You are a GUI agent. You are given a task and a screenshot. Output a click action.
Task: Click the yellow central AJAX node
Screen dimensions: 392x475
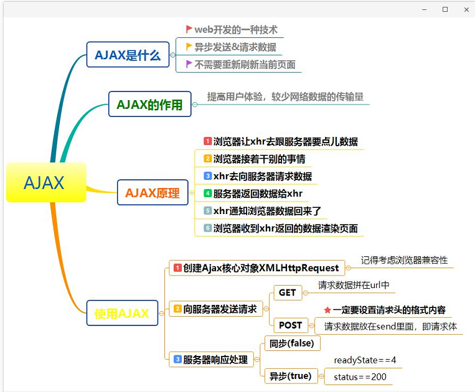tap(46, 182)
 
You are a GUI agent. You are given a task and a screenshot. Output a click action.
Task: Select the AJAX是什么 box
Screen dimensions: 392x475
tap(128, 55)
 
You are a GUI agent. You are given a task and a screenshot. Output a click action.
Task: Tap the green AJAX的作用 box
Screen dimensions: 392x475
tap(149, 105)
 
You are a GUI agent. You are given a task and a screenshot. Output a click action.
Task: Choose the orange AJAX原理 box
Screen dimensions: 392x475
tap(152, 192)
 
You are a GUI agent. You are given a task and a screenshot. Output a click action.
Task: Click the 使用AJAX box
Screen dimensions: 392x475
tap(122, 313)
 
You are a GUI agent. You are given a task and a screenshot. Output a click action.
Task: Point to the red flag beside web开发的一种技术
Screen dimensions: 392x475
tap(189, 29)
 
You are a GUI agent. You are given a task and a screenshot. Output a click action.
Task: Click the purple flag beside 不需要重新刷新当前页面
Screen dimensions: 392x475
tap(189, 63)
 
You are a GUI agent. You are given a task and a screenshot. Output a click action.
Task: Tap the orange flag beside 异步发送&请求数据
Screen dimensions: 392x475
tap(189, 46)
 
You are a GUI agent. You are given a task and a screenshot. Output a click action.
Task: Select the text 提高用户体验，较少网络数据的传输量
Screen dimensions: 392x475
tap(285, 96)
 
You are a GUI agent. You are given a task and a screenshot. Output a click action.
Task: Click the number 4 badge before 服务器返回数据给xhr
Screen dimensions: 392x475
tap(208, 194)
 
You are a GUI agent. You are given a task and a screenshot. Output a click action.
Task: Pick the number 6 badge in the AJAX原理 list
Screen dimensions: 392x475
tap(208, 228)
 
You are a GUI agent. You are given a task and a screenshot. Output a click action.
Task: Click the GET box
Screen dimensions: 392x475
tap(287, 292)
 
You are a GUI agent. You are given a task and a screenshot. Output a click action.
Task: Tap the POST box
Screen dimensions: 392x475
tap(290, 325)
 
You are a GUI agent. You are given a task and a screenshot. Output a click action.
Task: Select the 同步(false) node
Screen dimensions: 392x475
tap(292, 343)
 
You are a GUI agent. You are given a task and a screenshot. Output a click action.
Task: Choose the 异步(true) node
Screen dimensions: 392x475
tap(290, 376)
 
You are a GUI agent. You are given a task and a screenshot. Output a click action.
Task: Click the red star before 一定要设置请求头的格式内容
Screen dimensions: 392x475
tap(327, 310)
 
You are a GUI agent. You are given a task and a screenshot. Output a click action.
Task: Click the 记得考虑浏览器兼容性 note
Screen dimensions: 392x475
tap(405, 260)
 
